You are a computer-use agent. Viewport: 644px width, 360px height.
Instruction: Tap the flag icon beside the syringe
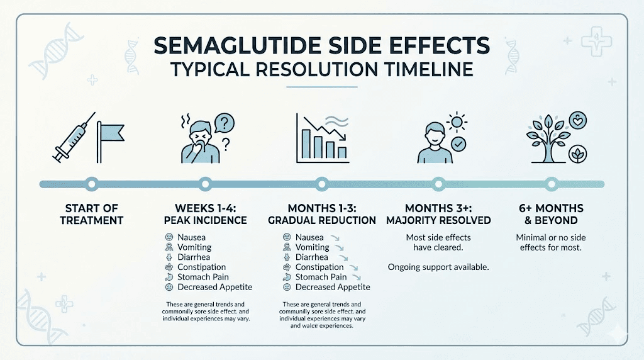point(109,136)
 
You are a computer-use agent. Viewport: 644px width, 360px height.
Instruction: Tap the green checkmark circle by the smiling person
point(458,145)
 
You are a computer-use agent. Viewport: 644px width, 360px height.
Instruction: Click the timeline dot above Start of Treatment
point(92,184)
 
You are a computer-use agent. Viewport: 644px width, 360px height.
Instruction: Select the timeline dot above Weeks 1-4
point(204,184)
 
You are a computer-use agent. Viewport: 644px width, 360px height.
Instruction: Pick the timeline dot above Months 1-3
point(321,184)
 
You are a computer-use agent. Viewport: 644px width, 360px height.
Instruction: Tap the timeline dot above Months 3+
point(438,184)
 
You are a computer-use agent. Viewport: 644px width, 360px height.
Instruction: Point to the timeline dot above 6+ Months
point(552,184)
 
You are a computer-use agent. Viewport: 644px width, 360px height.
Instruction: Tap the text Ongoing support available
point(438,267)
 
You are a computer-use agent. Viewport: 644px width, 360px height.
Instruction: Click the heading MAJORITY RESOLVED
point(438,220)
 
